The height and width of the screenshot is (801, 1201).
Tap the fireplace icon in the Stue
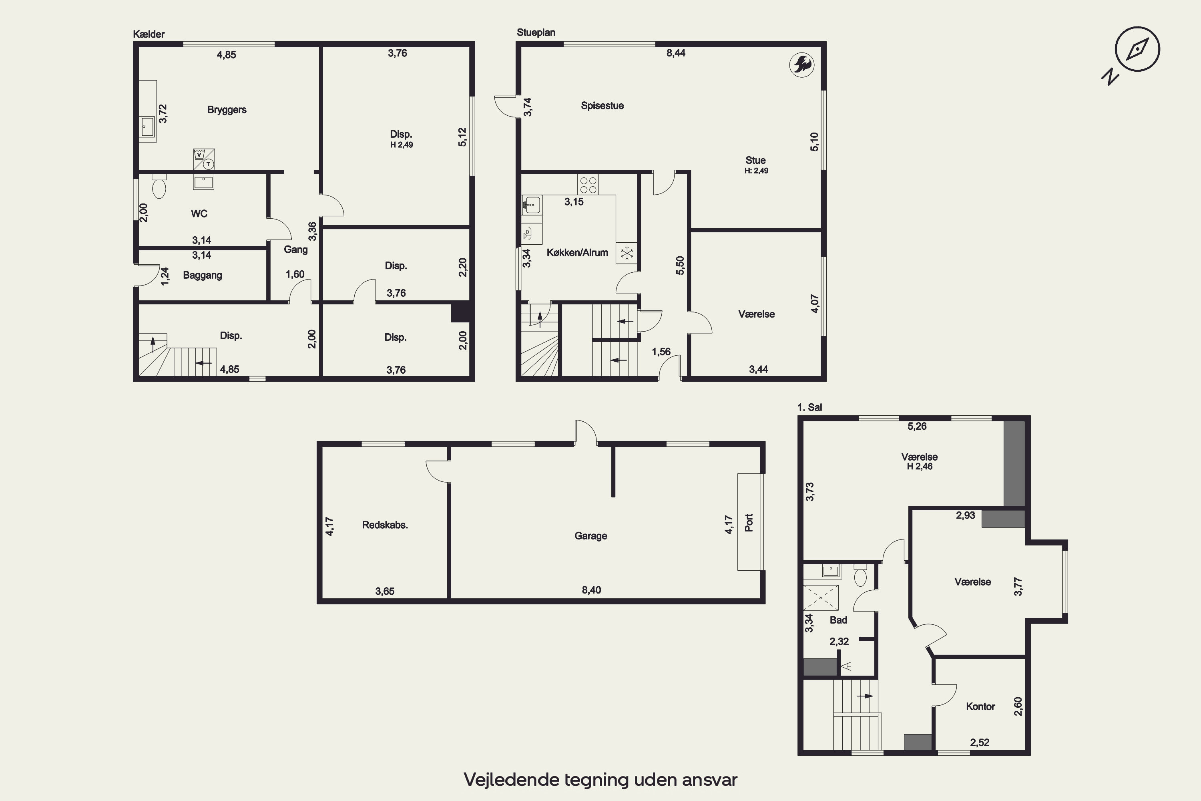tap(802, 65)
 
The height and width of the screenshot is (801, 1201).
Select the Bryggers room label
tap(227, 110)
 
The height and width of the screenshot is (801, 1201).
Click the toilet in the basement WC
tap(159, 186)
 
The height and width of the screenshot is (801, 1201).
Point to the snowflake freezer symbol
tap(627, 253)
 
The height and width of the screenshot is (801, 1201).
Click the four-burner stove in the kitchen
tap(588, 184)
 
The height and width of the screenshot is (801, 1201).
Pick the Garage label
tap(591, 536)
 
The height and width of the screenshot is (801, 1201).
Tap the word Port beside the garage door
tap(749, 523)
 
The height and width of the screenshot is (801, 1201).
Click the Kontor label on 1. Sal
tap(980, 706)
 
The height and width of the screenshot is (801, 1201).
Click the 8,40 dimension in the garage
tap(591, 590)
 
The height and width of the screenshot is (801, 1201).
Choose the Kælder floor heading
tap(149, 34)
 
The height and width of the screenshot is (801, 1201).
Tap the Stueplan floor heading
tap(536, 32)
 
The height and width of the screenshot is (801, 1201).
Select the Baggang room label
tap(203, 276)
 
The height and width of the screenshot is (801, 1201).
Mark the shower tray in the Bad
tap(821, 597)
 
